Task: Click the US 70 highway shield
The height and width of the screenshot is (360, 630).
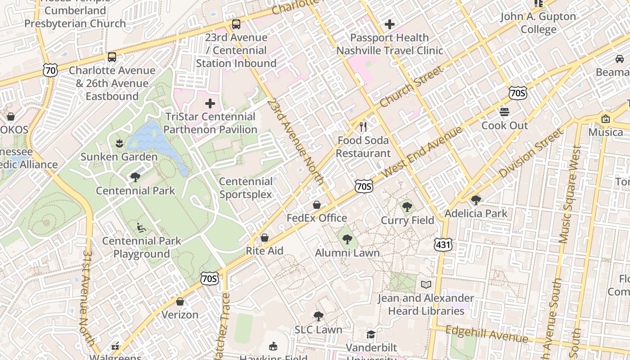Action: (x=51, y=70)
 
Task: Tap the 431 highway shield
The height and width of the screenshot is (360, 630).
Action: (x=443, y=245)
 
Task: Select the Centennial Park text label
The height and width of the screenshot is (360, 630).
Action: (x=135, y=190)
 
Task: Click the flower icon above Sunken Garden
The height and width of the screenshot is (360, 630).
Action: (x=119, y=144)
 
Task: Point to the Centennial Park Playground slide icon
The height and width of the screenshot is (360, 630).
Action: (x=141, y=228)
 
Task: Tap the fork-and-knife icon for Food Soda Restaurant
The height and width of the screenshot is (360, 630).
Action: (x=364, y=127)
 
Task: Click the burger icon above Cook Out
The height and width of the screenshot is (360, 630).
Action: (x=504, y=112)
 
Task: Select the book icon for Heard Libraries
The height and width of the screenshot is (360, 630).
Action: (x=426, y=284)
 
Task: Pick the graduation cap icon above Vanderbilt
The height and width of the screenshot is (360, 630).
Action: (x=371, y=334)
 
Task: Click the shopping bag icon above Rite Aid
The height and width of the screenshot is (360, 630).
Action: (x=265, y=238)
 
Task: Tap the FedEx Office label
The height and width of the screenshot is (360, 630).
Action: (x=317, y=218)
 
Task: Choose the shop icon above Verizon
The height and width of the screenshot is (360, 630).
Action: (x=180, y=301)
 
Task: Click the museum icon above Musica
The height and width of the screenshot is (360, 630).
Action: (x=606, y=119)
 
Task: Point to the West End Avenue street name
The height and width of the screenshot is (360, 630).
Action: (x=422, y=151)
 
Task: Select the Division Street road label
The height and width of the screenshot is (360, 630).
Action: (x=531, y=153)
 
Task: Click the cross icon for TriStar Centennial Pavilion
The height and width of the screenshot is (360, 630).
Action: (x=210, y=104)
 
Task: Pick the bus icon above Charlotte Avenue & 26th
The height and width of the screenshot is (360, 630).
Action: (x=112, y=57)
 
